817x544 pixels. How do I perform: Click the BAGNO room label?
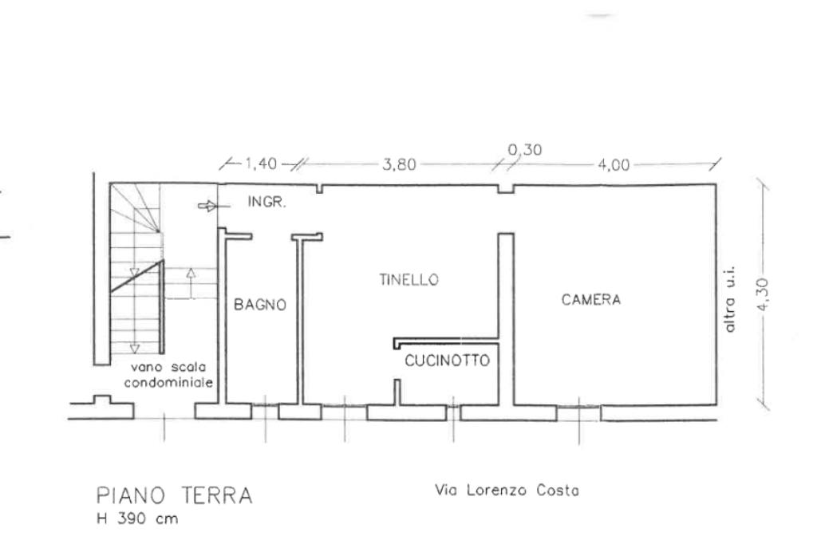pos(259,305)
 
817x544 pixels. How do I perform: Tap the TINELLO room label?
pos(410,280)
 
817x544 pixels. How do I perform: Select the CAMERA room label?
pos(591,300)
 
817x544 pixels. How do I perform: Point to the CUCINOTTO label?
pos(447,361)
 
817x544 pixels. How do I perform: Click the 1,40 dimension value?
pos(260,164)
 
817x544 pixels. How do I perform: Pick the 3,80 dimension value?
pos(397,165)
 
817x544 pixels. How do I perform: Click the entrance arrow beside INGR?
pos(207,206)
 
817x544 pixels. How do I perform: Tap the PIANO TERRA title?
pos(174,495)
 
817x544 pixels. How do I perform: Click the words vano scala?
pos(170,368)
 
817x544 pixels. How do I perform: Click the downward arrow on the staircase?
pos(134,348)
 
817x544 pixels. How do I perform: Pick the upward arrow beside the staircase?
pos(190,274)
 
